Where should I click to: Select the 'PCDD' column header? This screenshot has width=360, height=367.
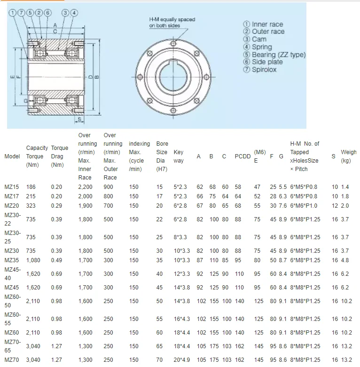click(243, 156)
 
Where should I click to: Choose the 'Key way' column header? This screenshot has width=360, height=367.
click(179, 156)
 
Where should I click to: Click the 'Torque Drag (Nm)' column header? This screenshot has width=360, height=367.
click(60, 156)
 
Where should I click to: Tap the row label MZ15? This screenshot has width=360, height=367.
click(12, 187)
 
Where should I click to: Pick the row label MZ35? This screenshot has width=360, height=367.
click(12, 260)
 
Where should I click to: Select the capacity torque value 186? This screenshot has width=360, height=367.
click(32, 187)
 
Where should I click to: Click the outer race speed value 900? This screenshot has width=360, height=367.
click(109, 187)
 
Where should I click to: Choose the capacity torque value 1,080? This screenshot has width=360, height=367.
click(34, 260)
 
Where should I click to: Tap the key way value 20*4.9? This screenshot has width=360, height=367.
click(182, 360)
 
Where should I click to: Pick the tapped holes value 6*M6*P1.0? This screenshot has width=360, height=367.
click(304, 206)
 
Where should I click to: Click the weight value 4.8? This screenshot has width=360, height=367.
click(345, 260)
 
